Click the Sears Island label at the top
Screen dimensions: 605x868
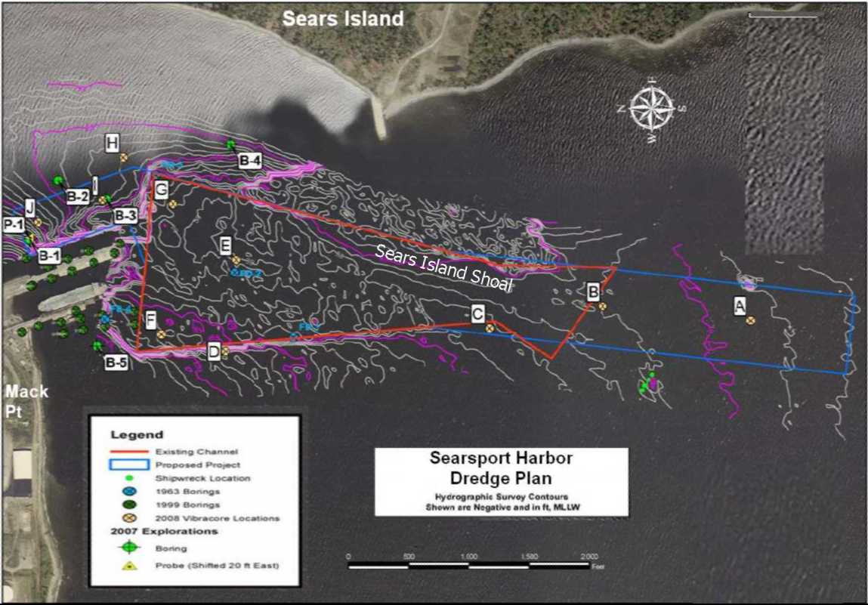tap(343, 19)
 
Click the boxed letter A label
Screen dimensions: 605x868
tap(740, 304)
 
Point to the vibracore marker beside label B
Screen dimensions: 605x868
tap(603, 306)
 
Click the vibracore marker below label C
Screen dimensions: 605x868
tap(490, 328)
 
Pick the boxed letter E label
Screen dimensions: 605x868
tap(225, 245)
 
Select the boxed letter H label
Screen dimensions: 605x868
tap(113, 142)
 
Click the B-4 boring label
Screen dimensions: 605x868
tap(250, 161)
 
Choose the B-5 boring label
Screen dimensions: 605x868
tap(116, 363)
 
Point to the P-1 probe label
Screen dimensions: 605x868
tap(14, 224)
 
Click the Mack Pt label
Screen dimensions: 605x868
tap(27, 399)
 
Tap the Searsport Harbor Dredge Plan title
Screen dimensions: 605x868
tap(501, 468)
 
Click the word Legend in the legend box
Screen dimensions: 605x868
tap(137, 434)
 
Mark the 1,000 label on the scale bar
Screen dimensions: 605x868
tap(468, 556)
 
